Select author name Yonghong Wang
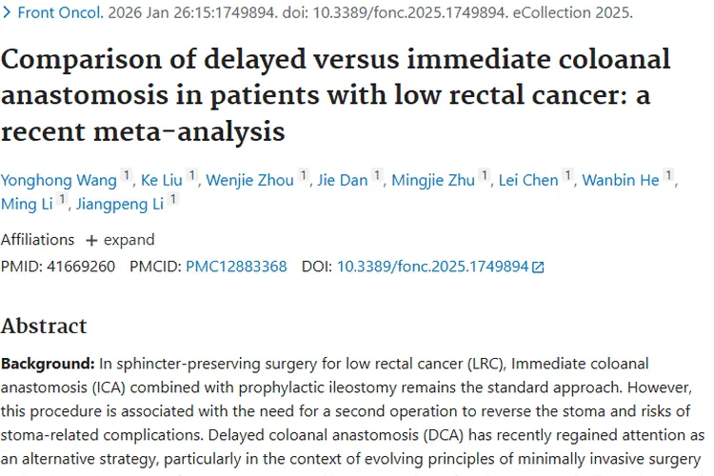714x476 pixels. [59, 180]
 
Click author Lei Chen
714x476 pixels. [528, 180]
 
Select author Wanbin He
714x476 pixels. [621, 180]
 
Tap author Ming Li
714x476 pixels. [27, 205]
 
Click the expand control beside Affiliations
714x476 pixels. [120, 240]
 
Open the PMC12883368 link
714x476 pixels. [236, 267]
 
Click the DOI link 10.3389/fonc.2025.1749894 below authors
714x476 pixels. [432, 267]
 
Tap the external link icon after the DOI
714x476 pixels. [539, 268]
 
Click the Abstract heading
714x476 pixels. [44, 326]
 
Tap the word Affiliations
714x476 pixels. [37, 240]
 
